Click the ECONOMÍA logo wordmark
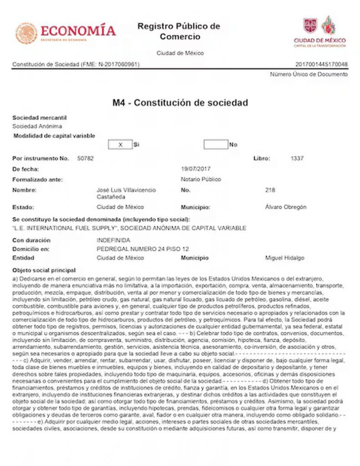click(x=78, y=31)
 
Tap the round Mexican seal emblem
click(x=26, y=33)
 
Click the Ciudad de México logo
click(x=319, y=32)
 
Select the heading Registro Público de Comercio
click(x=179, y=31)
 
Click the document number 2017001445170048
click(x=321, y=64)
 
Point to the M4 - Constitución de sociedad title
click(x=180, y=103)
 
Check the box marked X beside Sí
click(x=120, y=145)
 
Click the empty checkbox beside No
click(x=216, y=145)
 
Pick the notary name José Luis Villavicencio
click(x=126, y=190)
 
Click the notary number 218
click(x=270, y=190)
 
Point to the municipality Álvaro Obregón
click(x=285, y=207)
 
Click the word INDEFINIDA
click(x=113, y=240)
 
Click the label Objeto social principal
click(x=44, y=270)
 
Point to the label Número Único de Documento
click(x=309, y=74)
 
